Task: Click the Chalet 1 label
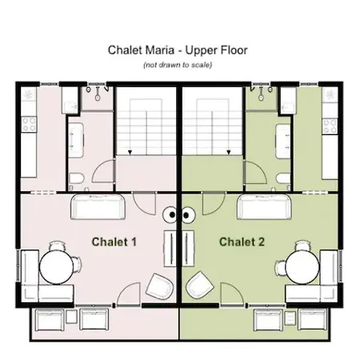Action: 114,242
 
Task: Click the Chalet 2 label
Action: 242,242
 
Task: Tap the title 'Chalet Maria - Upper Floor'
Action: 178,50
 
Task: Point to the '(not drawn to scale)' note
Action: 178,65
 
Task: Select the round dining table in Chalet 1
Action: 56,267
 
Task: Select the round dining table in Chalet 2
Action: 302,267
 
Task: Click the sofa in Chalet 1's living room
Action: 98,206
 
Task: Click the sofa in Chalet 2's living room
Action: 264,206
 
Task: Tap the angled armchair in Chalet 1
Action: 159,286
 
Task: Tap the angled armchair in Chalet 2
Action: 200,285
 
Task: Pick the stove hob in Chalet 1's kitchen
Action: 29,125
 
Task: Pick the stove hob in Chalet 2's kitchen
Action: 330,126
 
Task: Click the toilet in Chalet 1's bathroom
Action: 77,178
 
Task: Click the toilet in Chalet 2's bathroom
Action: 283,178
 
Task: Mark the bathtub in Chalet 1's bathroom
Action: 76,140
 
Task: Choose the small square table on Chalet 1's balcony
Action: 71,317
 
